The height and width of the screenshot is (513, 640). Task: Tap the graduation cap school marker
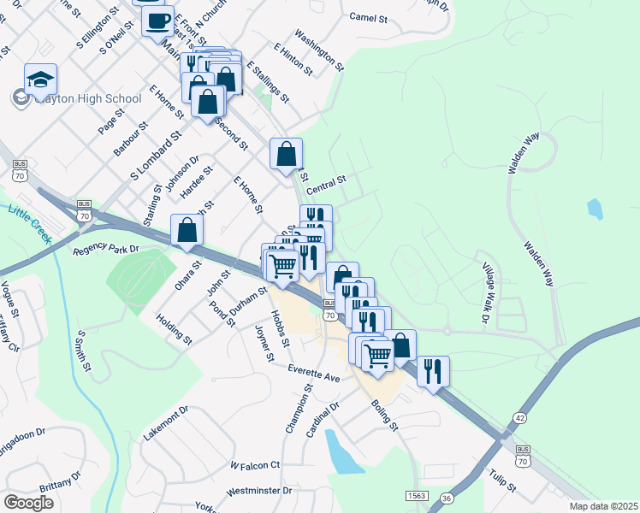[x=40, y=80]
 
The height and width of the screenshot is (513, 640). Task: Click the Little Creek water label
[x=28, y=221]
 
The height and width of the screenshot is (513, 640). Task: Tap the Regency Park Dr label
[x=106, y=250]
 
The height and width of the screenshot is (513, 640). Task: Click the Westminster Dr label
[x=260, y=492]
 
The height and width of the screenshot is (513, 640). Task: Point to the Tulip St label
[x=502, y=481]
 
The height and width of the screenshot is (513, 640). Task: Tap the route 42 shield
[x=520, y=418]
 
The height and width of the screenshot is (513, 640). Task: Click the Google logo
[x=29, y=503]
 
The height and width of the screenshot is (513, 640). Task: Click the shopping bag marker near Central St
[x=287, y=155]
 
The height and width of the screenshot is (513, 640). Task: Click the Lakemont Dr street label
[x=165, y=423]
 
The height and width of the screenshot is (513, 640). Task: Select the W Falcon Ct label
[x=255, y=465]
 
